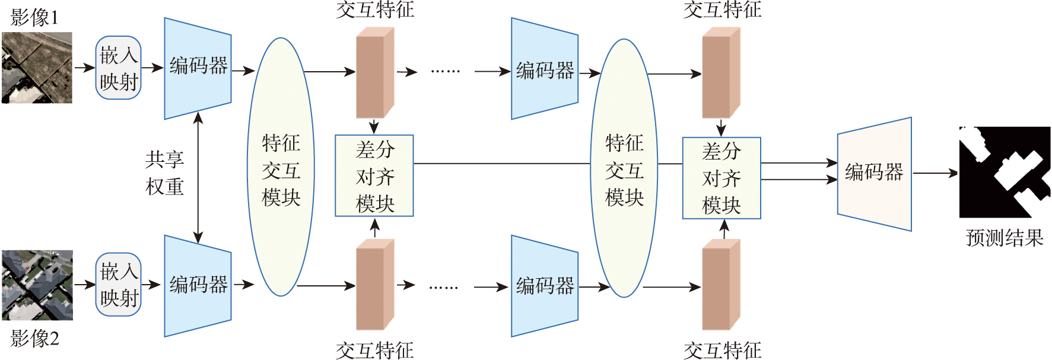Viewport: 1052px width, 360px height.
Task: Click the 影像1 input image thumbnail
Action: [37, 68]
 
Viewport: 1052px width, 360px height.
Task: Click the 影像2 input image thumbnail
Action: [37, 285]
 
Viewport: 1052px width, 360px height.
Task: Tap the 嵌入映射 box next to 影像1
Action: [118, 68]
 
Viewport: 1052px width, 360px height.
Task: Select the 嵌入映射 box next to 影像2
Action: [118, 285]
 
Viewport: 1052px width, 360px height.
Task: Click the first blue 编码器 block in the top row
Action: [198, 68]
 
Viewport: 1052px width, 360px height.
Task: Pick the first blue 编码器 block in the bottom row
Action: [198, 285]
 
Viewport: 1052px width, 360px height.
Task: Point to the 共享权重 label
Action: [164, 173]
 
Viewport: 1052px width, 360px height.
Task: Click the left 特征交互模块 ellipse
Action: [281, 167]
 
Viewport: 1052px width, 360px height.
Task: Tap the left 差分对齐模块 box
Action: [374, 176]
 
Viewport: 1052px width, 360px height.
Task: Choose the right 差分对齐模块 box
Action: [722, 178]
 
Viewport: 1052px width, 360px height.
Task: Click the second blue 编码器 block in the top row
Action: [545, 69]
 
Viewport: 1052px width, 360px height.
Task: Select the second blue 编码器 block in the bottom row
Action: [545, 286]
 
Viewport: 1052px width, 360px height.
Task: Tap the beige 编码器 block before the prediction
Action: [874, 173]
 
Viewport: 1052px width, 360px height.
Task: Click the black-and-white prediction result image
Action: [1005, 172]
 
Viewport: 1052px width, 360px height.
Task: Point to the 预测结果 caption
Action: [1005, 238]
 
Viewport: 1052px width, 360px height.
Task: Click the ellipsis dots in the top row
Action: [445, 71]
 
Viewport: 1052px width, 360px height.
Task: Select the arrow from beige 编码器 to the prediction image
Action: [935, 173]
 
